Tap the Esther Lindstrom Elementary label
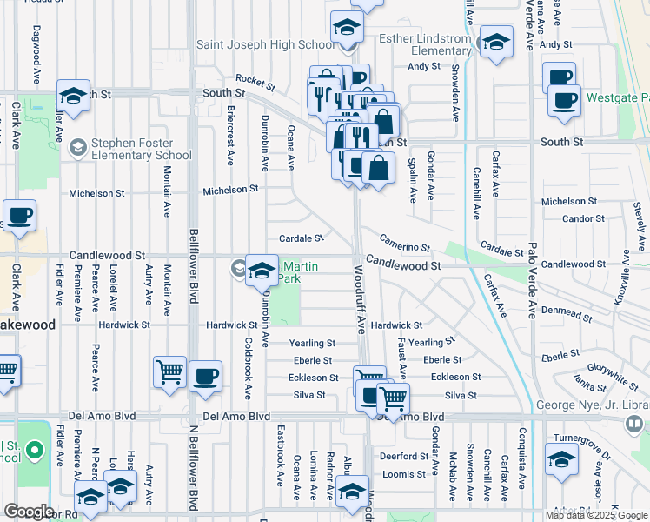pos(426,44)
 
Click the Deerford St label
pos(402,456)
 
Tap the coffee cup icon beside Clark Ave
pos(19,217)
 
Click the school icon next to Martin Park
pos(262,271)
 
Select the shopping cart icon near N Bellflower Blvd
pos(169,371)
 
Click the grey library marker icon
pos(633,423)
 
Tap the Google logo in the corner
pos(29,512)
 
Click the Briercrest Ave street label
pos(230,140)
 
